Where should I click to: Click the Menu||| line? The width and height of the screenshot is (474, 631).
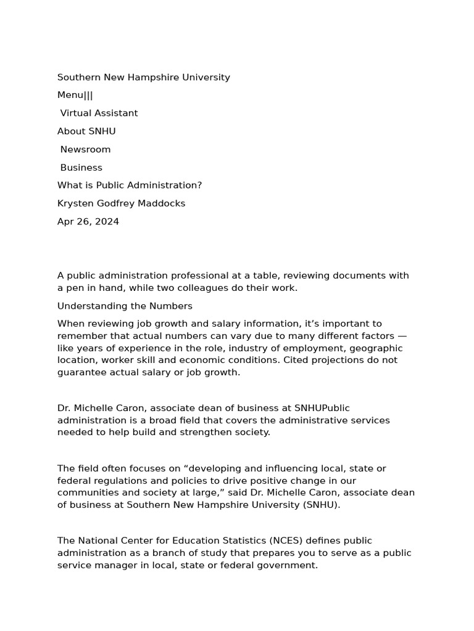point(75,96)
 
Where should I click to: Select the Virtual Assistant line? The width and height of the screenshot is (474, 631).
point(99,113)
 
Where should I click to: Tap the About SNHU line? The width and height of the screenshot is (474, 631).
point(86,131)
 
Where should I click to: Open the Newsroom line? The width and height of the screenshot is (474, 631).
point(85,150)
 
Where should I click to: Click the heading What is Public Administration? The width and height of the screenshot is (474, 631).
point(130,185)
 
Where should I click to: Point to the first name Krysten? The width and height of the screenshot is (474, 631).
point(77,203)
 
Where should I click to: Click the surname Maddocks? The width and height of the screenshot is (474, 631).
point(164,203)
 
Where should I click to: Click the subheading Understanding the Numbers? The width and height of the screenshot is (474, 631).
point(125,306)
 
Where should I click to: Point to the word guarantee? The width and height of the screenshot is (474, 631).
point(81,373)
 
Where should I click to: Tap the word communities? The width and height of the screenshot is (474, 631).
point(87,493)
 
